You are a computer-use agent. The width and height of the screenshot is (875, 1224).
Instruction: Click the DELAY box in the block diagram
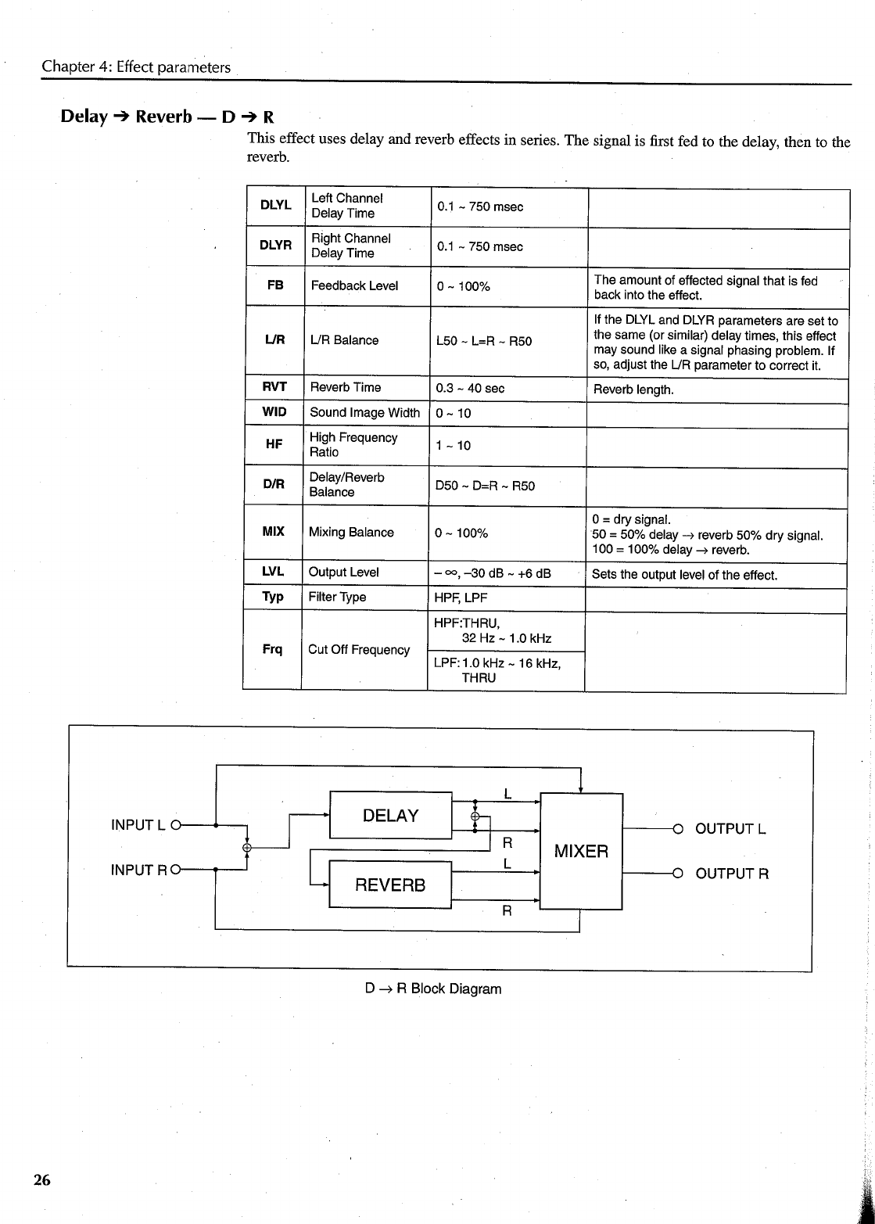[x=391, y=816]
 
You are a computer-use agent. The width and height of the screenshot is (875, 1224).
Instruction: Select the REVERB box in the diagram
[x=391, y=885]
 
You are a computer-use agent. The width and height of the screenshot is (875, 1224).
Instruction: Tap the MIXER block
[x=581, y=851]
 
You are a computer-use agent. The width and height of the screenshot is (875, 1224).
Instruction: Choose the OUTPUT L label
[x=730, y=828]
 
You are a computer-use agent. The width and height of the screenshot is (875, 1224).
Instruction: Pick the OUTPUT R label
[x=732, y=874]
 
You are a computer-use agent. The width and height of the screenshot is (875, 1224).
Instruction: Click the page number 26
[x=42, y=1180]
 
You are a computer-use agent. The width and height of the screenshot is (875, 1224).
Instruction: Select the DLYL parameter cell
[x=275, y=206]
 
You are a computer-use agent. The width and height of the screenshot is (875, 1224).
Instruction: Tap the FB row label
[x=275, y=285]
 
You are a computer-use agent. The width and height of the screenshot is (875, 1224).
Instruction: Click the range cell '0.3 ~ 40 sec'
[x=470, y=388]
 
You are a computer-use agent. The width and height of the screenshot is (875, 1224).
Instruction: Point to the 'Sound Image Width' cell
[x=365, y=413]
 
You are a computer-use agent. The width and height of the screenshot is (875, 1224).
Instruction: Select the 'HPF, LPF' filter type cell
[x=461, y=598]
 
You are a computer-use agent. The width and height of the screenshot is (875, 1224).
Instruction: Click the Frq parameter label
[x=272, y=650]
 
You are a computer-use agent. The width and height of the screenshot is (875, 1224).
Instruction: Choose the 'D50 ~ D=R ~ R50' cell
[x=485, y=486]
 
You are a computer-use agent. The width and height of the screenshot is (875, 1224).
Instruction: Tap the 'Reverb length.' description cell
[x=633, y=389]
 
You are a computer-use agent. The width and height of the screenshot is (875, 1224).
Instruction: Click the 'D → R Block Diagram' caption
[x=433, y=989]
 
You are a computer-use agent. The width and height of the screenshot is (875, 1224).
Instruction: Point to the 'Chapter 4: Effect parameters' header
[x=136, y=66]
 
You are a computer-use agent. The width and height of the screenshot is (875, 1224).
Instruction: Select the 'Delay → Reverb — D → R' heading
[x=167, y=117]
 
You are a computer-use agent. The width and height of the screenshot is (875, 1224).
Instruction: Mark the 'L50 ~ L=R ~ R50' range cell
[x=484, y=341]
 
